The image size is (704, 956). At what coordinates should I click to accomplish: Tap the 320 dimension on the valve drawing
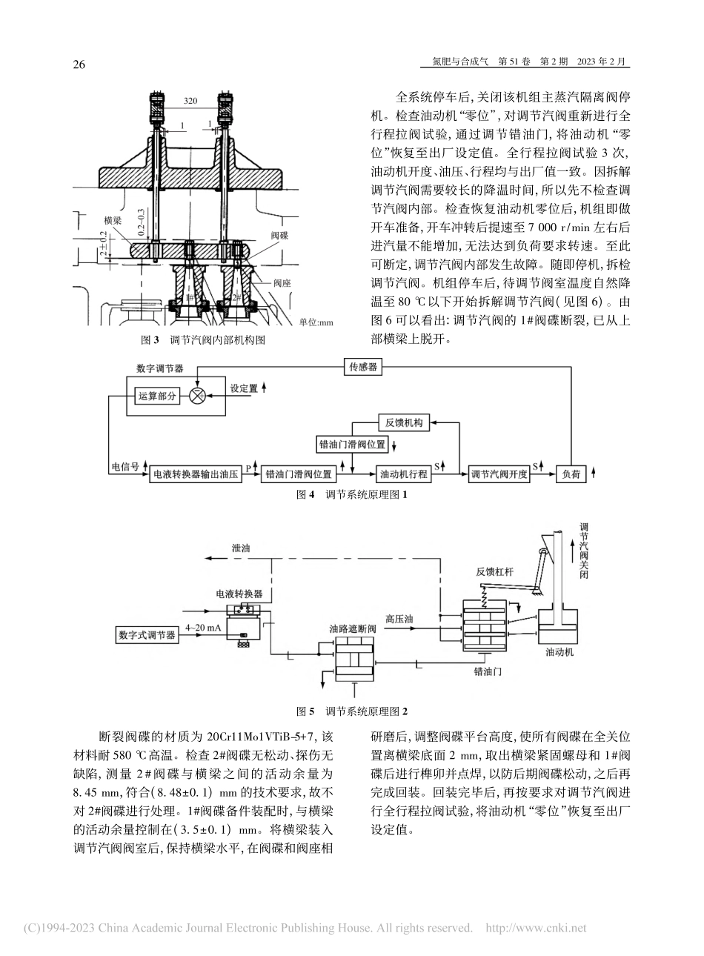pos(190,100)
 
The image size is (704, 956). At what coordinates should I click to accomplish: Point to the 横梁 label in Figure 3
pos(113,220)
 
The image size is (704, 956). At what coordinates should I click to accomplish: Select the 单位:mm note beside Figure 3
pos(316,322)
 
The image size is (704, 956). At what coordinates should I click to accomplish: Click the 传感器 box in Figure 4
pos(364,368)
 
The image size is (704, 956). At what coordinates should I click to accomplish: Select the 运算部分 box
pos(158,396)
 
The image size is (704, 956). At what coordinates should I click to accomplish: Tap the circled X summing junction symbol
pos(197,396)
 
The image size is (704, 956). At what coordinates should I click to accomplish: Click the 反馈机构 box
pos(404,423)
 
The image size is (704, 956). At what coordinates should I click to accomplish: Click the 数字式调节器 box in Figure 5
pos(147,635)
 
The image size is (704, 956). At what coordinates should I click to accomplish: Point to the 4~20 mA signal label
pos(203,628)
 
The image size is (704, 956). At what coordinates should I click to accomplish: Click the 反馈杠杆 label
pos(496,571)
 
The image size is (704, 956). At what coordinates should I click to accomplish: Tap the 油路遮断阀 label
pos(353,627)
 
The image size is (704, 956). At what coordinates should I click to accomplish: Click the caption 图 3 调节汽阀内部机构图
pos(203,340)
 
